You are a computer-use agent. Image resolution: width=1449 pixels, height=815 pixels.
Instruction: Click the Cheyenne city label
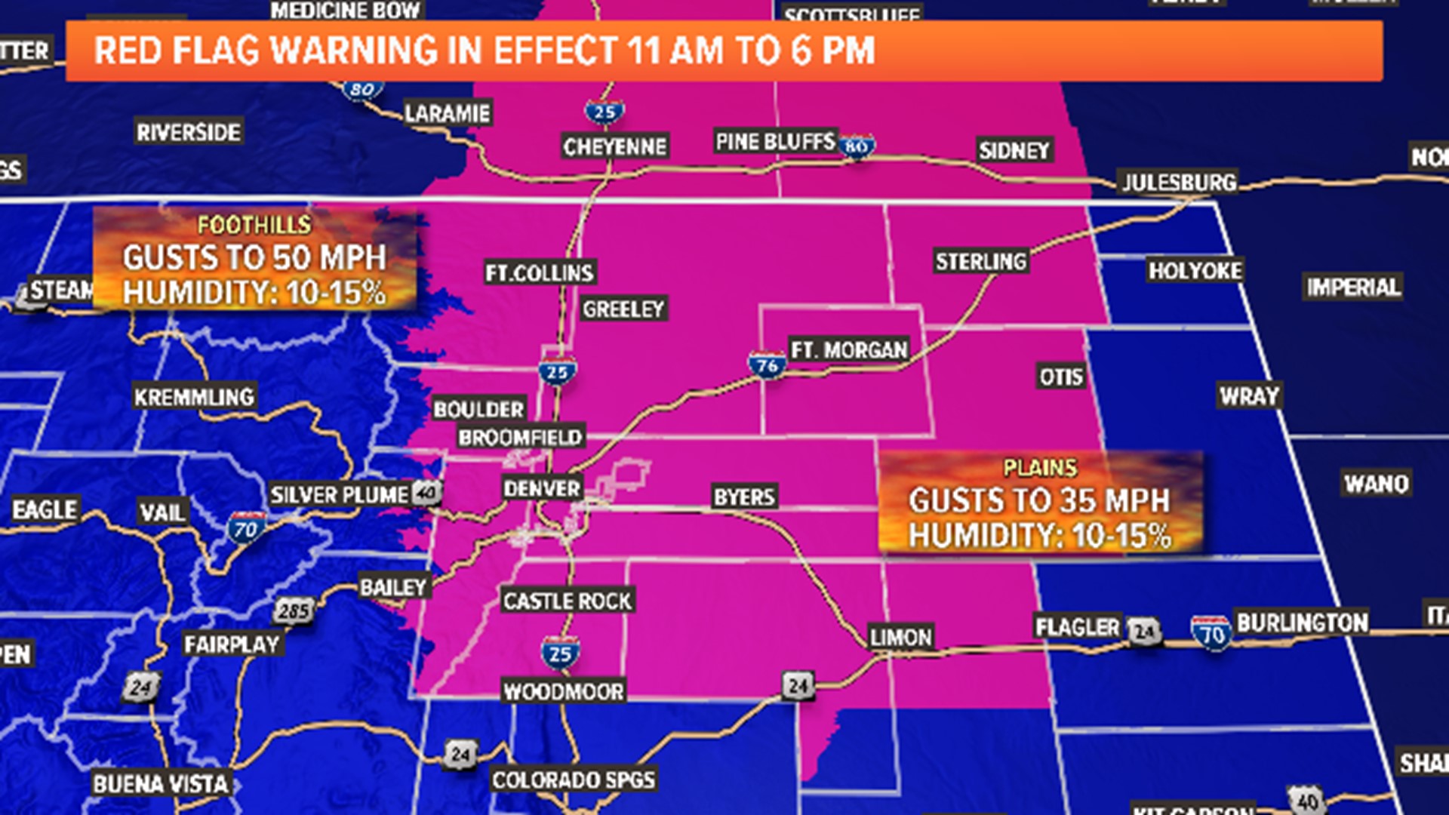point(614,146)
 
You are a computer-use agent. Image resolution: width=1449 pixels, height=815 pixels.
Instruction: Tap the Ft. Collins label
point(540,272)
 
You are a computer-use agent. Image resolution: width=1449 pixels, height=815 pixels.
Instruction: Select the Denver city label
point(542,488)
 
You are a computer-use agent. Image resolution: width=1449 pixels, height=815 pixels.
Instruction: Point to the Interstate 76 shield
point(767,366)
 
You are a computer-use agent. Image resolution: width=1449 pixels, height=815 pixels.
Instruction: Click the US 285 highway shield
point(293,610)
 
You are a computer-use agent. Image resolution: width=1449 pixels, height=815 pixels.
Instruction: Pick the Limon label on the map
point(900,638)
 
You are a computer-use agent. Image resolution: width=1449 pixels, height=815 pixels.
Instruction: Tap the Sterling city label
point(980,262)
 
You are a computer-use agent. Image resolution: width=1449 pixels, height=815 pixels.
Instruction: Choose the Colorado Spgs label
point(573,780)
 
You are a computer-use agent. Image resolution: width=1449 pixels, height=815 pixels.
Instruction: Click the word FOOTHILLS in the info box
point(254,225)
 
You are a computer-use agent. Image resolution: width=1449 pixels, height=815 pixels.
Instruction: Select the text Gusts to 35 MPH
point(1039,501)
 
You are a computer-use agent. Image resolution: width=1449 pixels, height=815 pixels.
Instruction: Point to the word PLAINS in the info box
point(1040,468)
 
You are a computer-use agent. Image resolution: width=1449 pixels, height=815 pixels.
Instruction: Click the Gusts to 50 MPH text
point(254,258)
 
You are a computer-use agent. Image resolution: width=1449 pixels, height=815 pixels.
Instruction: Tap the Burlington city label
point(1302,623)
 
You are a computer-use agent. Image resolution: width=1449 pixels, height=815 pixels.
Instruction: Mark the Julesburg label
point(1179,183)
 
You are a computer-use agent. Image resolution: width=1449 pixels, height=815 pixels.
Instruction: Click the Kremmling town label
point(194,397)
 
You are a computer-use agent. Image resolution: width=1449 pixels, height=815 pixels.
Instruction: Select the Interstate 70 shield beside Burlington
point(1211,634)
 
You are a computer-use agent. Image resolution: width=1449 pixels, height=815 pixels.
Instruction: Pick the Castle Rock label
point(567,601)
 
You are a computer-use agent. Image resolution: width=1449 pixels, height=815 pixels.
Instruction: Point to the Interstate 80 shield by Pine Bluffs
point(857,146)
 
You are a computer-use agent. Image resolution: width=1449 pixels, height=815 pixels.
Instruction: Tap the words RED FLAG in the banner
point(178,51)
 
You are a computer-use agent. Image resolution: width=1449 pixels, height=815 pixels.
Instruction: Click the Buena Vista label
point(160,784)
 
